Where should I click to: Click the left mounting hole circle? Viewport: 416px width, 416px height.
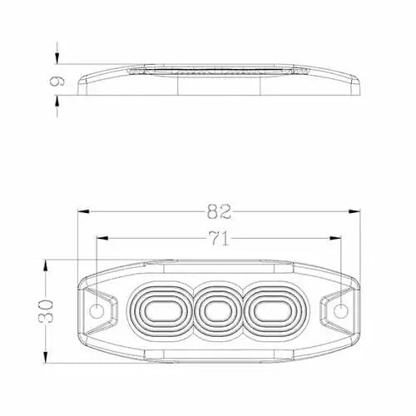click(97, 311)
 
